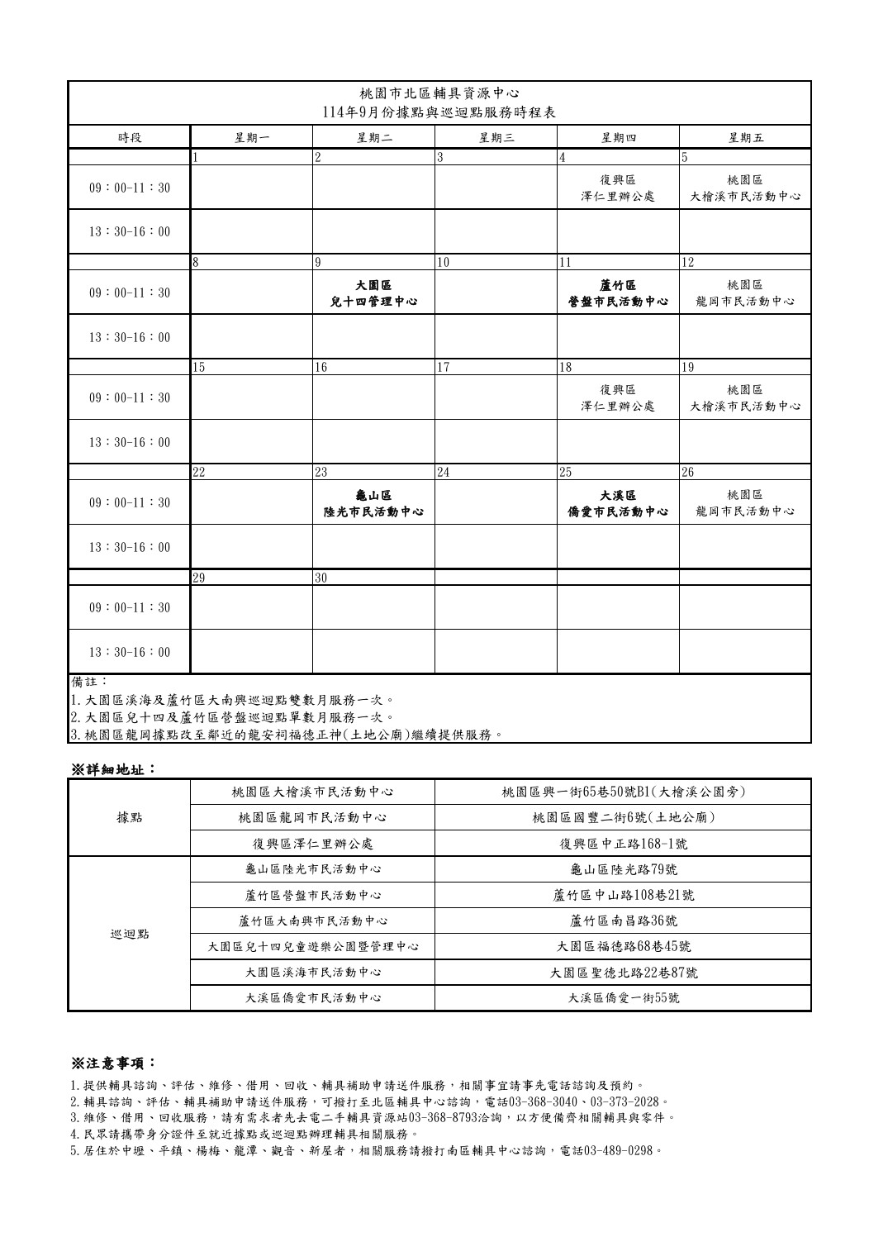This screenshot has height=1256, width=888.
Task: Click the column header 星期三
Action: click(x=496, y=138)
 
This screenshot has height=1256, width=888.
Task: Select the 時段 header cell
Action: click(x=130, y=138)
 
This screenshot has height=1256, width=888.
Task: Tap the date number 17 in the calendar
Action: click(x=444, y=368)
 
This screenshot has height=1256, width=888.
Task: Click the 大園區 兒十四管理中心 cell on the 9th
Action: click(x=373, y=293)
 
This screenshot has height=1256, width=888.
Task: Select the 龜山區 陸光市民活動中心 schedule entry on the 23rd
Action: click(x=373, y=503)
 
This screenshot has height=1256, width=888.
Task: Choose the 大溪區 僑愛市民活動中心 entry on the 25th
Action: click(x=618, y=503)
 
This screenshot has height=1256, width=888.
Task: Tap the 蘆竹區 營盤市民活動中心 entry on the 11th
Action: click(x=618, y=293)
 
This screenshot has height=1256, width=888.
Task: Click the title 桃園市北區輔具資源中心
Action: click(x=439, y=93)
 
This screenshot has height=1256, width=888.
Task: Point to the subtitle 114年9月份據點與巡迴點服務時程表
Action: click(x=439, y=112)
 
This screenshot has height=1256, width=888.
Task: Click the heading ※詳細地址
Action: click(x=112, y=769)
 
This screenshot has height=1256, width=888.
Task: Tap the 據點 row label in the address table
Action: click(x=130, y=817)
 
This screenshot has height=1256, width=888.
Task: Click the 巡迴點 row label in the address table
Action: click(x=130, y=934)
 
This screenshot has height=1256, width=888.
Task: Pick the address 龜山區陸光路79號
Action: click(x=624, y=869)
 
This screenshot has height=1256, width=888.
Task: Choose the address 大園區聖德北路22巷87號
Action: click(x=624, y=972)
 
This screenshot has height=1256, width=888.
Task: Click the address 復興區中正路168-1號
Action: click(x=624, y=844)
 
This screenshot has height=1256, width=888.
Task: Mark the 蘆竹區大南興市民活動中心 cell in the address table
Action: click(x=313, y=921)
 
